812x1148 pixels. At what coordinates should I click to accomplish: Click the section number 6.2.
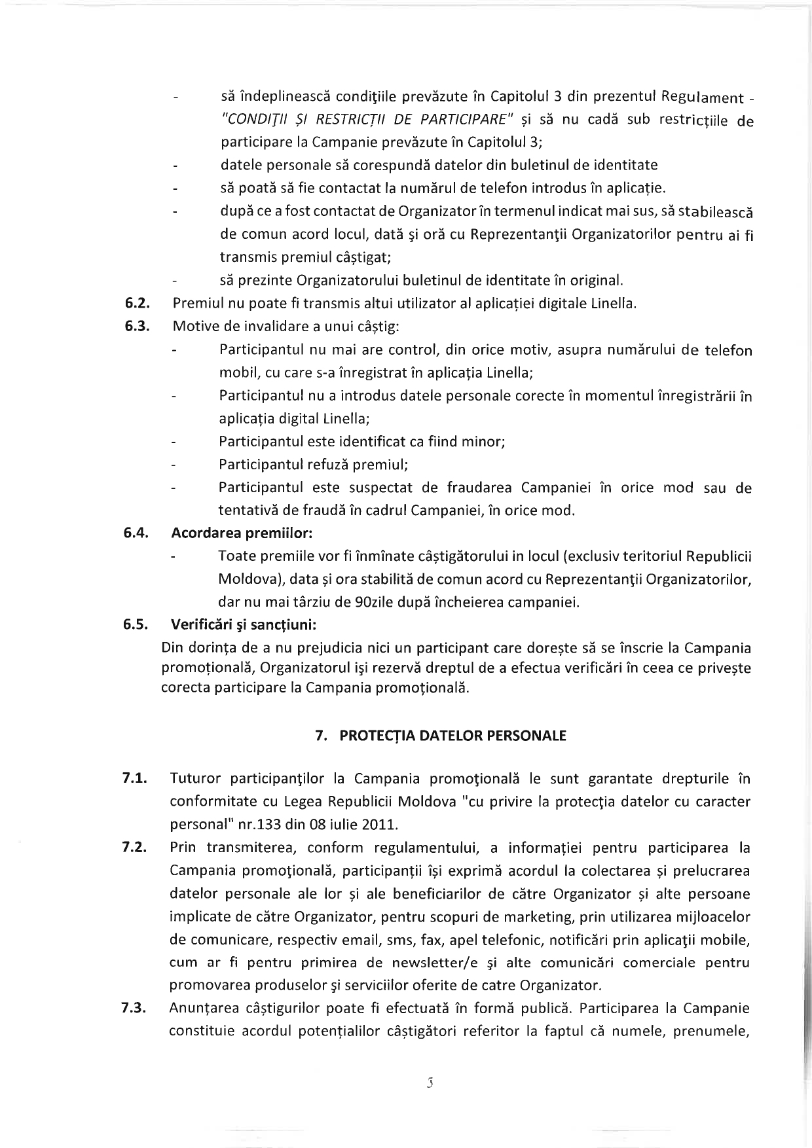[138, 304]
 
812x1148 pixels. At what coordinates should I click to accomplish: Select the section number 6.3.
[138, 327]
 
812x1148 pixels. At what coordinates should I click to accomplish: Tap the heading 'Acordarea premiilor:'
[242, 533]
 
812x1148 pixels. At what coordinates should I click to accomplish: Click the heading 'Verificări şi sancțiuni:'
[244, 624]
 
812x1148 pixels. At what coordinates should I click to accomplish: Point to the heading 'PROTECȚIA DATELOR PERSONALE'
[452, 736]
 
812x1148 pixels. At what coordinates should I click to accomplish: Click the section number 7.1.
[134, 779]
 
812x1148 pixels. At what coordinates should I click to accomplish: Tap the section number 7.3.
[134, 1009]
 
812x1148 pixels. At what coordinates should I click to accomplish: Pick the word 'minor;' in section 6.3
[484, 442]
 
